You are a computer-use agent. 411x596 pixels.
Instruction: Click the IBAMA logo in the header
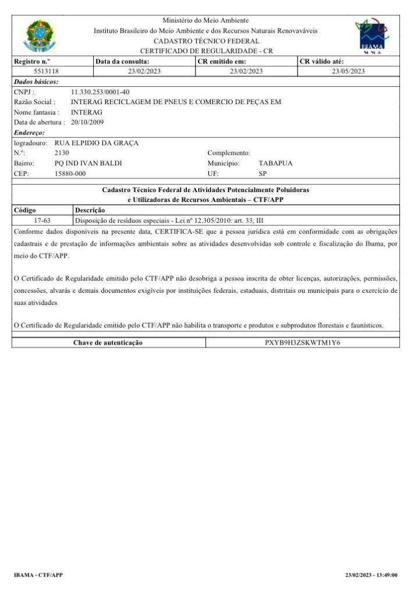371,35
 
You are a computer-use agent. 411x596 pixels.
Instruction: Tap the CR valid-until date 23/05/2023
348,71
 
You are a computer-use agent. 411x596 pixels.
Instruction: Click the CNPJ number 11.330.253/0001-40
100,92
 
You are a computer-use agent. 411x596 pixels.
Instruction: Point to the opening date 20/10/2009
87,122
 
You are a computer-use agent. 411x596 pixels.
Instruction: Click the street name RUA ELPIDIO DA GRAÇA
96,143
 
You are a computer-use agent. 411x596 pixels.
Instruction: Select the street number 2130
62,153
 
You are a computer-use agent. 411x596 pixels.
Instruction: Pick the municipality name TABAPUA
275,164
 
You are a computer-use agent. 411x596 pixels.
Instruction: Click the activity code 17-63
42,221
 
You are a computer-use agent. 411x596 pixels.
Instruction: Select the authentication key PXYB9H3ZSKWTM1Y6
302,343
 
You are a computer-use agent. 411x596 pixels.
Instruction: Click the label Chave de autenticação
108,343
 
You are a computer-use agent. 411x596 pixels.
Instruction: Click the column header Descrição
90,210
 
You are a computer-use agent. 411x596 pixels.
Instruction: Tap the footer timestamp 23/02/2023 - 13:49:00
371,575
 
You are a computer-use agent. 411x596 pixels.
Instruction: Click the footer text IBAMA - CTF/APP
38,575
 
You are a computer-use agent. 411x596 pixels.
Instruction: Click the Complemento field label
229,153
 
